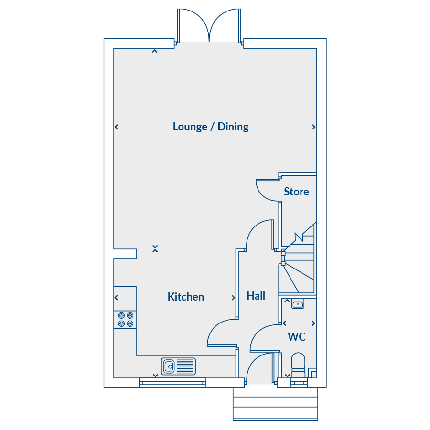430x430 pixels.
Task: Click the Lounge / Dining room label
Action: (x=211, y=127)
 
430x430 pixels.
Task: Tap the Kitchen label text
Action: (x=186, y=297)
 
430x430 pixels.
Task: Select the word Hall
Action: (x=256, y=296)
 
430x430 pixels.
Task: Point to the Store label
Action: (x=296, y=192)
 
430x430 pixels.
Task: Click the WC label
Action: (x=297, y=337)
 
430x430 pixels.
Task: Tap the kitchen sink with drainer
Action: (x=178, y=366)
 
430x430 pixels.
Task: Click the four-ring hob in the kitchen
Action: (x=126, y=320)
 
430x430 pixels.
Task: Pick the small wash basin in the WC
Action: (x=298, y=304)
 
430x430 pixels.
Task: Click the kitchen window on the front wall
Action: (x=172, y=383)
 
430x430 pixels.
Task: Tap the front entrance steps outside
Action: (x=275, y=404)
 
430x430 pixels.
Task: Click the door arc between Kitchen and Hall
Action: (x=214, y=326)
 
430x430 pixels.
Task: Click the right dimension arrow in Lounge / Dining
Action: (x=314, y=127)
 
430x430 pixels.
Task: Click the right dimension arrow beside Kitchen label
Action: (x=233, y=298)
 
